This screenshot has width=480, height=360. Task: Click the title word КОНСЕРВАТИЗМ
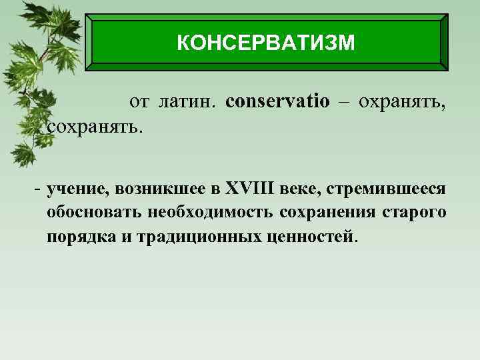click(x=266, y=43)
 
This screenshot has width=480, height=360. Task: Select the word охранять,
click(x=402, y=102)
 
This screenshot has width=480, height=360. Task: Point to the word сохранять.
click(x=95, y=125)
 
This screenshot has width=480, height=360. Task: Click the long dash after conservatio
click(x=344, y=102)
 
